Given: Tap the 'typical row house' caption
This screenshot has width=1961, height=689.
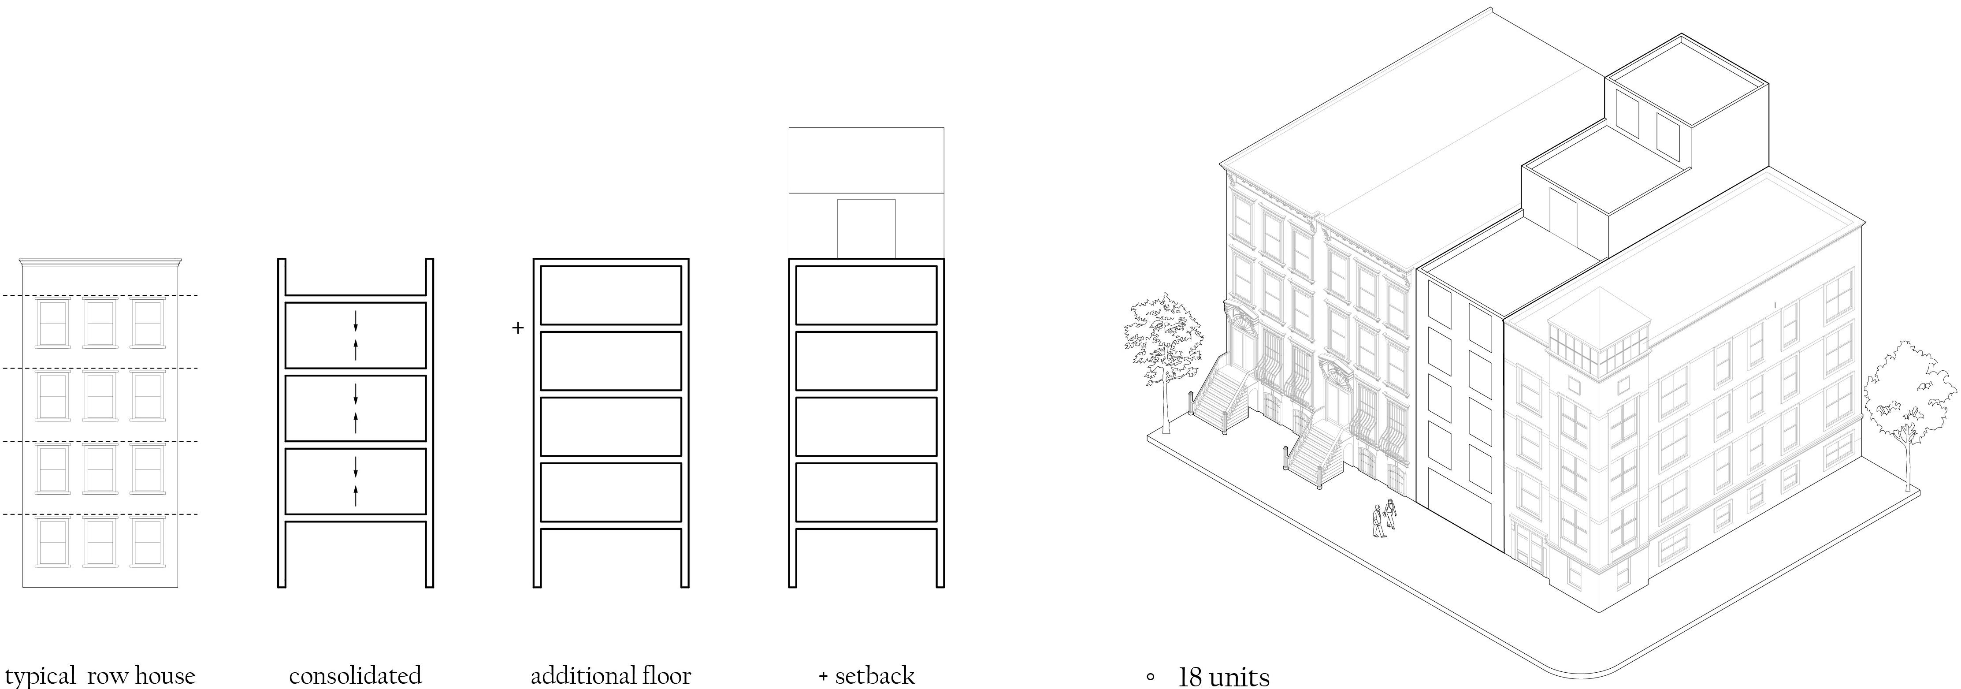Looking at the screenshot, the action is tap(100, 675).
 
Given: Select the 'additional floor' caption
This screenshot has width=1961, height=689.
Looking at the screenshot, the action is tap(610, 675).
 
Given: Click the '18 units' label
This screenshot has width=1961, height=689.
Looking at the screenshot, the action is tap(1223, 677).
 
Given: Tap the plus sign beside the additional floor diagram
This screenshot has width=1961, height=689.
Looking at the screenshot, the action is tap(518, 328).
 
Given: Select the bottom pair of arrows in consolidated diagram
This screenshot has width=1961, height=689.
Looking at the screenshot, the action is tap(356, 482).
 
